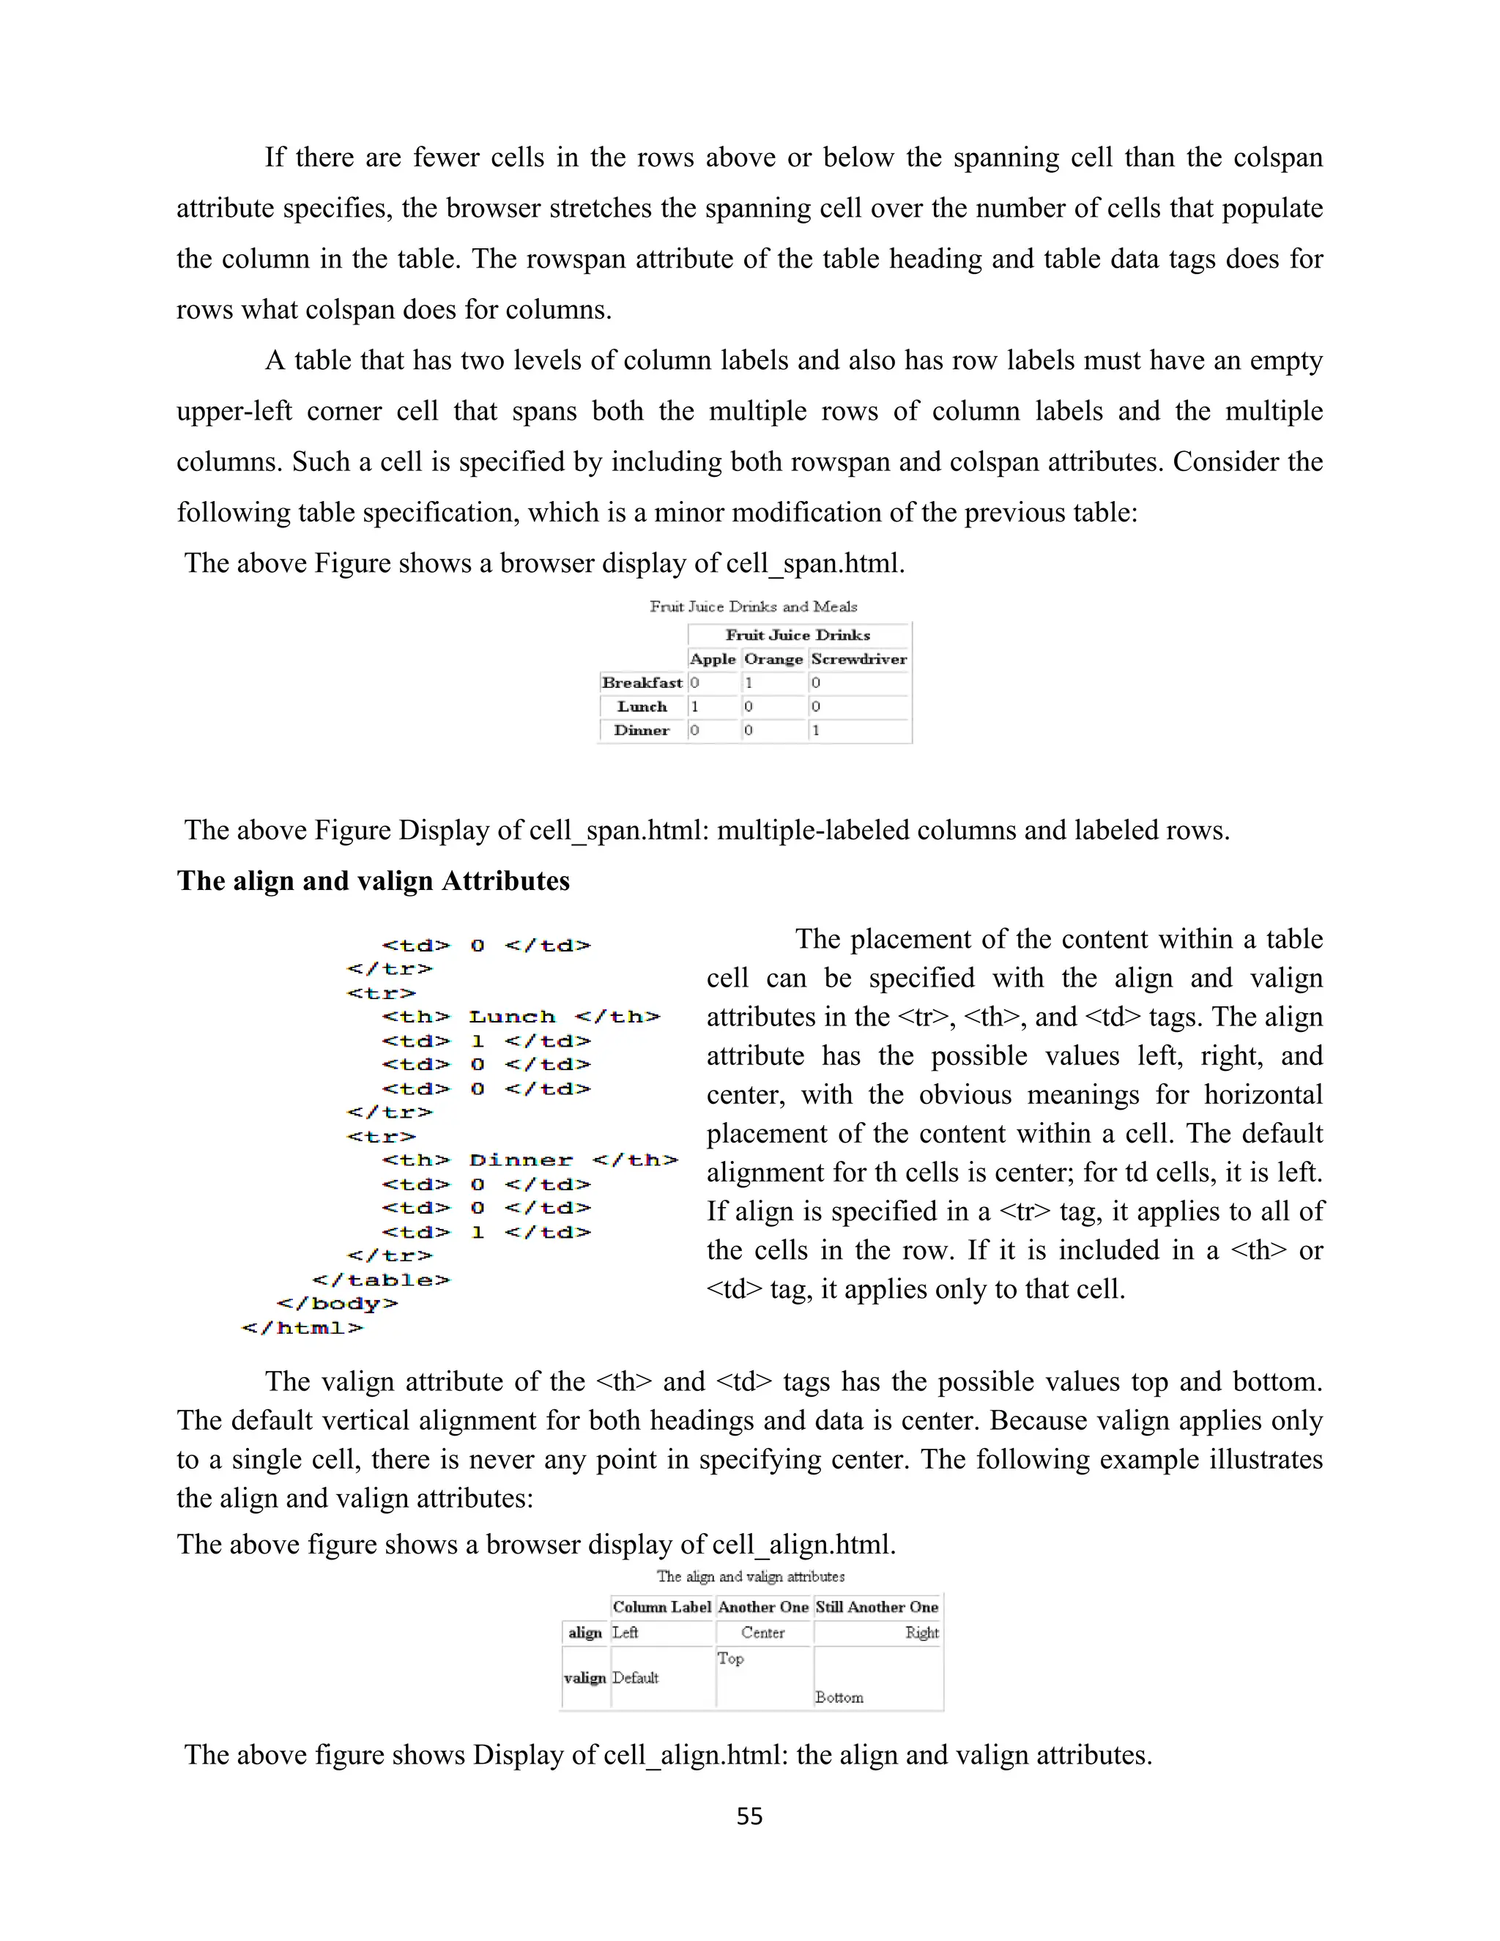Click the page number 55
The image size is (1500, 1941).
[x=749, y=1816]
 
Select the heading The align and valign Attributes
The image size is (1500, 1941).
[x=374, y=880]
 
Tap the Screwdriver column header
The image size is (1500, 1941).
[x=858, y=659]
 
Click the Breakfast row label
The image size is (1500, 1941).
[x=642, y=683]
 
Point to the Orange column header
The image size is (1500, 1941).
[x=773, y=659]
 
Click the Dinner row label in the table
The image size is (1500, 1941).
[x=642, y=730]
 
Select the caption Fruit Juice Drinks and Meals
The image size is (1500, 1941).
[x=753, y=606]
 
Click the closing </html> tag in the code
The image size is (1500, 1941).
[x=302, y=1328]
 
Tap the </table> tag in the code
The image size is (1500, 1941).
[x=381, y=1280]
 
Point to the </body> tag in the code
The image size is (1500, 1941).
[x=337, y=1304]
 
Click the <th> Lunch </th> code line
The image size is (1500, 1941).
[x=521, y=1017]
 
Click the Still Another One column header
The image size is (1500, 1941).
[x=876, y=1607]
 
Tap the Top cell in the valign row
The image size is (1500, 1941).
[x=730, y=1658]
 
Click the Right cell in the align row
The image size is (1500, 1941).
[x=921, y=1633]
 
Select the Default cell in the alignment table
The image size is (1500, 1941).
[x=635, y=1678]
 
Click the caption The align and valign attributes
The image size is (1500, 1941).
[x=750, y=1577]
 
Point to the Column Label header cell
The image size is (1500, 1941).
[x=662, y=1607]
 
